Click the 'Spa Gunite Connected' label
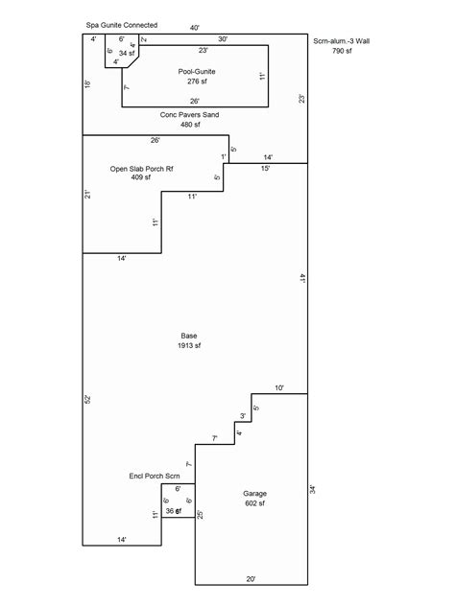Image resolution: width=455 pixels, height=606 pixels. tap(122, 25)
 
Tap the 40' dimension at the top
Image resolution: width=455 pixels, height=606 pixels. tap(195, 28)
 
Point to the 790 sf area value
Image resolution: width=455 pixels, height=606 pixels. tap(344, 51)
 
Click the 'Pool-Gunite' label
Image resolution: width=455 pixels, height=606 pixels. tap(196, 72)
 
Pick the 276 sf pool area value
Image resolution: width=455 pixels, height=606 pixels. tap(196, 82)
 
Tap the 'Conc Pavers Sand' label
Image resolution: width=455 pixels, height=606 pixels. tap(189, 115)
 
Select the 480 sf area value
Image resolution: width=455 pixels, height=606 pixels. tap(189, 125)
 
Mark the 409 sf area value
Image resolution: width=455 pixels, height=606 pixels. tap(141, 177)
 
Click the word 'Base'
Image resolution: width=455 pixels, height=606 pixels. tap(189, 336)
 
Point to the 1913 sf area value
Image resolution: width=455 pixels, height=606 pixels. tap(189, 346)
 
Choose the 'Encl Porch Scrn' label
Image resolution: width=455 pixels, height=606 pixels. tap(155, 476)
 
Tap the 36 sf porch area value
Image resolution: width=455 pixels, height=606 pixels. tap(173, 512)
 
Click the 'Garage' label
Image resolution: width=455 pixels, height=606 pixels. tap(254, 493)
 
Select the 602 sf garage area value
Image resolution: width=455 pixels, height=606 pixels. tap(254, 503)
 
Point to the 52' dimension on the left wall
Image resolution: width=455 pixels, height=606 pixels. tap(87, 398)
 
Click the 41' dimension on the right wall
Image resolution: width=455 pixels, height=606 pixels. tap(301, 278)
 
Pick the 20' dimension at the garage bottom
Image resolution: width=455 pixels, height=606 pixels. tap(251, 579)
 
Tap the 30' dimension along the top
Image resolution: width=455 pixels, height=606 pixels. tap(223, 39)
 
